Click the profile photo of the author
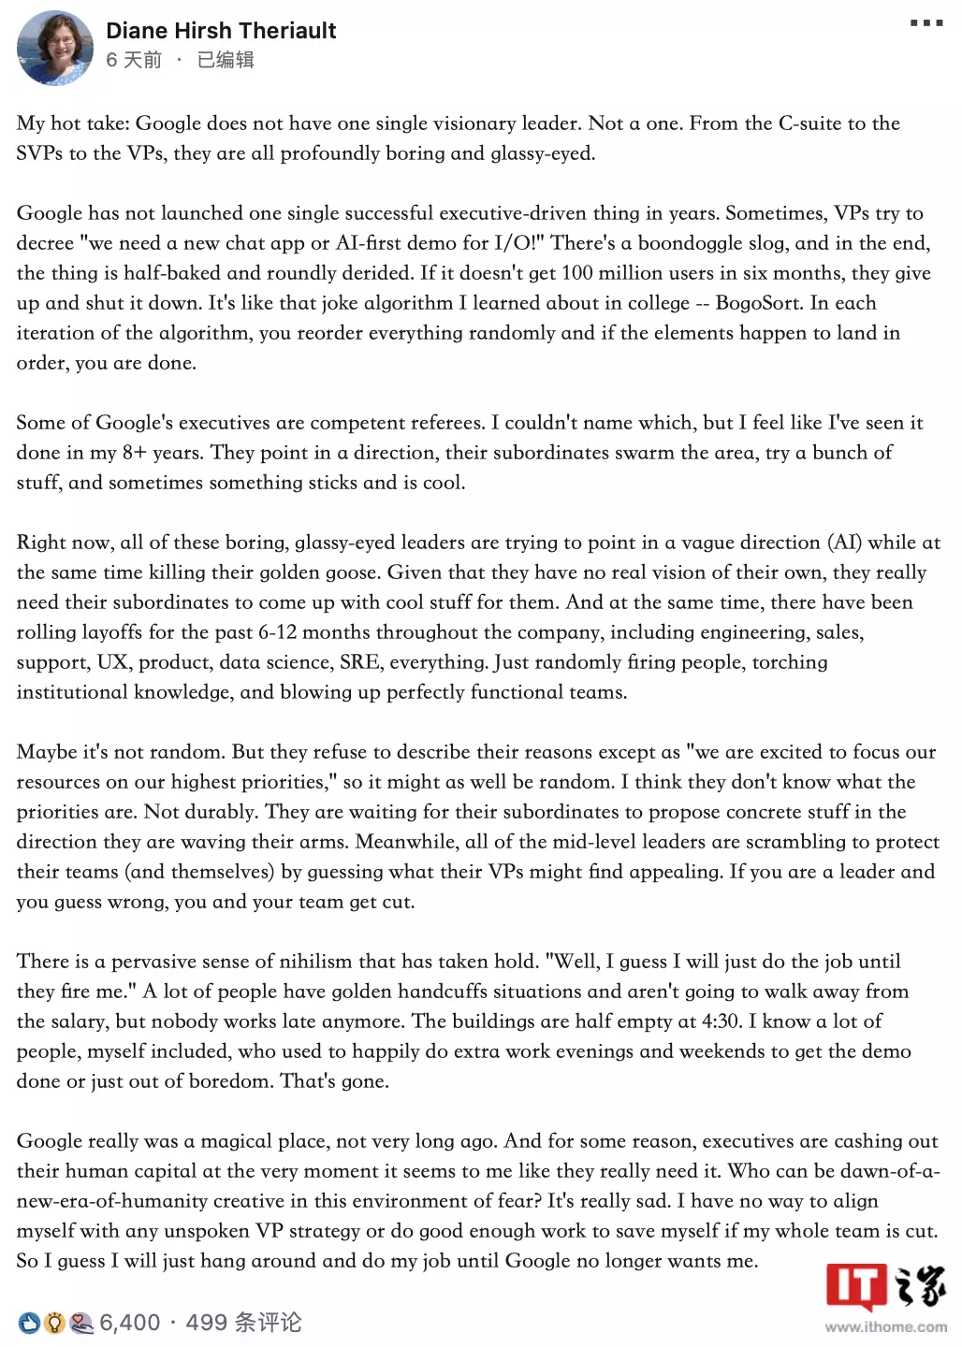click(54, 49)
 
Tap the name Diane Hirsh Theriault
click(221, 31)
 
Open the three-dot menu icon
click(926, 22)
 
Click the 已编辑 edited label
click(226, 60)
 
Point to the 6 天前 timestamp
click(134, 60)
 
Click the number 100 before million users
click(577, 273)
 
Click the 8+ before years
click(135, 453)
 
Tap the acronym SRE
click(359, 662)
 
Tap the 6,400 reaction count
click(130, 1323)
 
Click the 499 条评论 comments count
click(243, 1323)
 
